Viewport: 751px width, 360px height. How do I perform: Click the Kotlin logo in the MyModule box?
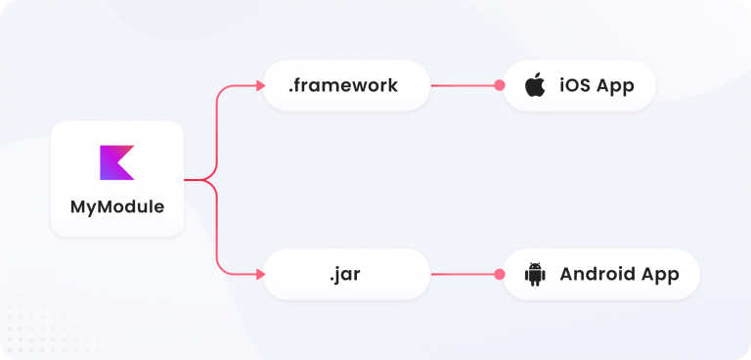click(116, 162)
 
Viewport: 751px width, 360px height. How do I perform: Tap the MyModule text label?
click(117, 207)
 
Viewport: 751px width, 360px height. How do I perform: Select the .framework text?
click(342, 85)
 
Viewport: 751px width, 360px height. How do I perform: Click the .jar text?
click(345, 274)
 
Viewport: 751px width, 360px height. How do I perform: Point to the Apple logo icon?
click(535, 85)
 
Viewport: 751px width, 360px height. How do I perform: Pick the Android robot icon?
click(534, 274)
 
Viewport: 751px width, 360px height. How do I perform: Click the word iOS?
click(575, 85)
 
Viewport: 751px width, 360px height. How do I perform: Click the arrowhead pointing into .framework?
click(260, 85)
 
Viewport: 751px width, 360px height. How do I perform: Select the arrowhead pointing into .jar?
click(260, 274)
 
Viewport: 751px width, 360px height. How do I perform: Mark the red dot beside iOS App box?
click(500, 85)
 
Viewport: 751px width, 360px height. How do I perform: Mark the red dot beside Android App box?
click(500, 274)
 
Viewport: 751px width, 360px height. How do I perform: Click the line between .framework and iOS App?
click(464, 85)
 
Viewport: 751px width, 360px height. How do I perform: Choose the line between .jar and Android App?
click(464, 274)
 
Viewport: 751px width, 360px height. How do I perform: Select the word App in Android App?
click(660, 274)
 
